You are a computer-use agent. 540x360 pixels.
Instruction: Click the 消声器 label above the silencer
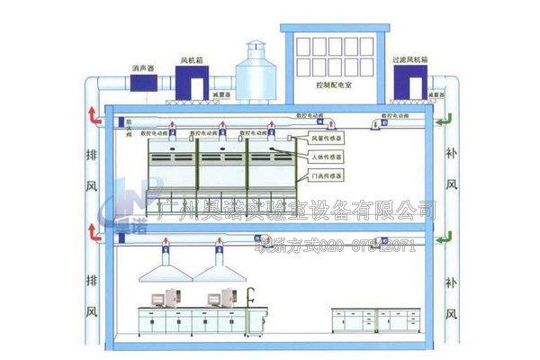pyautogui.click(x=143, y=67)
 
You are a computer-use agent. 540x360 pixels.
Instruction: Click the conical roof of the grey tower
pyautogui.click(x=255, y=49)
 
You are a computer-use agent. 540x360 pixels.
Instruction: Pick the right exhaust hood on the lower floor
pyautogui.click(x=217, y=263)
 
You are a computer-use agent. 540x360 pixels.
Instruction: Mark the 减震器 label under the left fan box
pyautogui.click(x=221, y=93)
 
